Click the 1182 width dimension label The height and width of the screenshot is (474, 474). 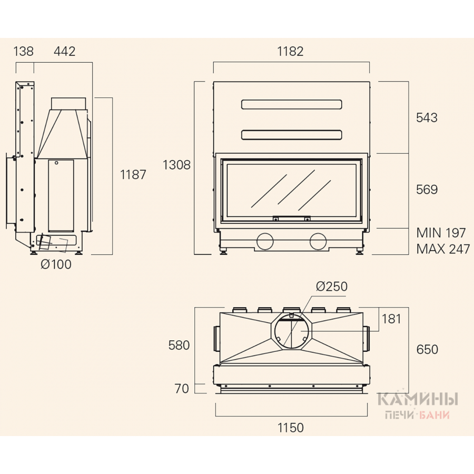point(290,52)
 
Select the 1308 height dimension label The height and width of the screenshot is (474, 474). point(176,165)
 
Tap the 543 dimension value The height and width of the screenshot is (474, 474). point(427,117)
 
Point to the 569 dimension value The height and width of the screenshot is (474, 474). point(427,190)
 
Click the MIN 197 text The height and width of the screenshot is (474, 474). point(441,233)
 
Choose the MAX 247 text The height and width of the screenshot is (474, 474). point(443,249)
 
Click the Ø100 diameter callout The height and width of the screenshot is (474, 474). point(56,264)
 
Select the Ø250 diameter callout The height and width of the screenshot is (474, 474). point(332,287)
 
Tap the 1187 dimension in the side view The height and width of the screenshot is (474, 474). point(133,175)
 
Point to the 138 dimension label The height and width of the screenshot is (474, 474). point(23,52)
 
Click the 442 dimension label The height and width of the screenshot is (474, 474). point(64,52)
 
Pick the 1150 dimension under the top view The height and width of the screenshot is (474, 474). point(291,428)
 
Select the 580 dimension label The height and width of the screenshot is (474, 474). point(179,345)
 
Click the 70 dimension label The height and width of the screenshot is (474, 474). point(182,389)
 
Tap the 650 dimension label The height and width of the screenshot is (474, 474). point(427,350)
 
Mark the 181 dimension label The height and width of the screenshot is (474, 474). point(391,319)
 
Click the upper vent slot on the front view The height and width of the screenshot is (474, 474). point(292,105)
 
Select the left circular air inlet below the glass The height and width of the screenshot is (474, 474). point(265,242)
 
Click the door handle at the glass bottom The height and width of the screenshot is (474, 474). point(292,218)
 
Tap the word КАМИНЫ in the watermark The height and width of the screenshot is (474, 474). point(418,400)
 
